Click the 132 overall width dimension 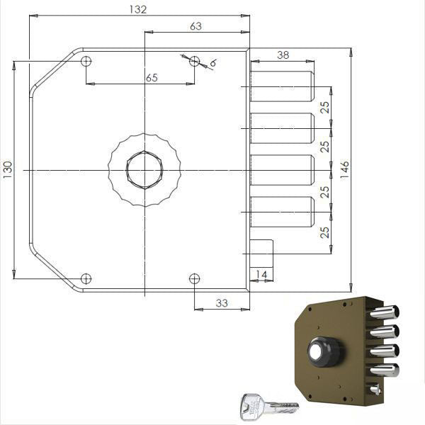[x=138, y=9]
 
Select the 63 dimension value [x=195, y=26]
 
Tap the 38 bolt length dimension [x=283, y=55]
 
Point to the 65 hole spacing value [x=152, y=78]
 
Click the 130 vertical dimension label [x=8, y=170]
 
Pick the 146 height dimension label [x=344, y=170]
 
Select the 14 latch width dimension [x=261, y=275]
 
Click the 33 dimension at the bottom [x=222, y=303]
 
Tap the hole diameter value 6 [x=213, y=63]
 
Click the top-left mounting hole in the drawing [x=86, y=61]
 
